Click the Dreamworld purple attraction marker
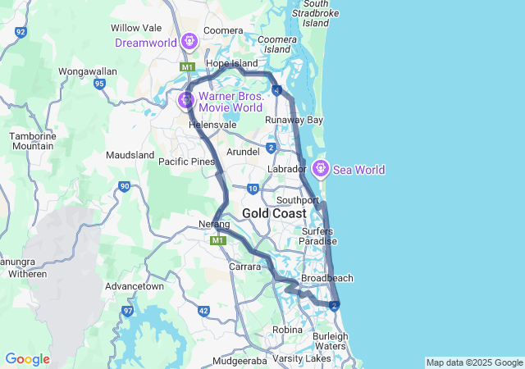click(189, 40)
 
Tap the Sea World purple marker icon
click(320, 169)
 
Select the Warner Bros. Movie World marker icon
click(186, 100)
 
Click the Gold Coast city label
click(274, 213)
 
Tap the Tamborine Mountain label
click(31, 140)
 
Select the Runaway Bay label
click(294, 120)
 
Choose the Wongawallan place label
click(88, 71)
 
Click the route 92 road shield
click(21, 32)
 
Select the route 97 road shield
click(128, 311)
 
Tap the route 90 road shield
click(124, 186)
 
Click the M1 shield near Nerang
click(217, 241)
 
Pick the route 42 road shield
click(203, 311)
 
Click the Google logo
click(27, 359)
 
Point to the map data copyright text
click(474, 362)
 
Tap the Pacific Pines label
click(185, 162)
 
